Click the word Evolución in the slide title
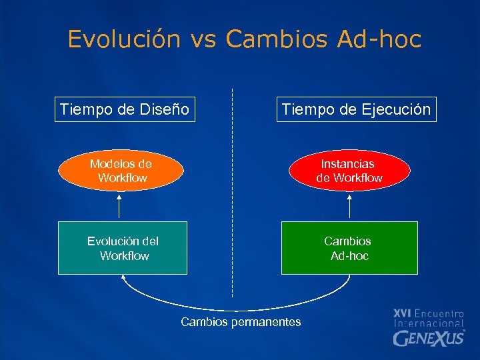124,39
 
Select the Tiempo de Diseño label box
125,109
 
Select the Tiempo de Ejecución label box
356,109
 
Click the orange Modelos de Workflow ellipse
121,171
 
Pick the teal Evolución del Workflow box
123,248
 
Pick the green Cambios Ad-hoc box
349,248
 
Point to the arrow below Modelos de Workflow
120,205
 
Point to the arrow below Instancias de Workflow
350,205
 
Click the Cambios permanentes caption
241,322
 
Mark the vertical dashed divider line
232,193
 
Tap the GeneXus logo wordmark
429,338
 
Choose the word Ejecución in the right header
396,109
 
